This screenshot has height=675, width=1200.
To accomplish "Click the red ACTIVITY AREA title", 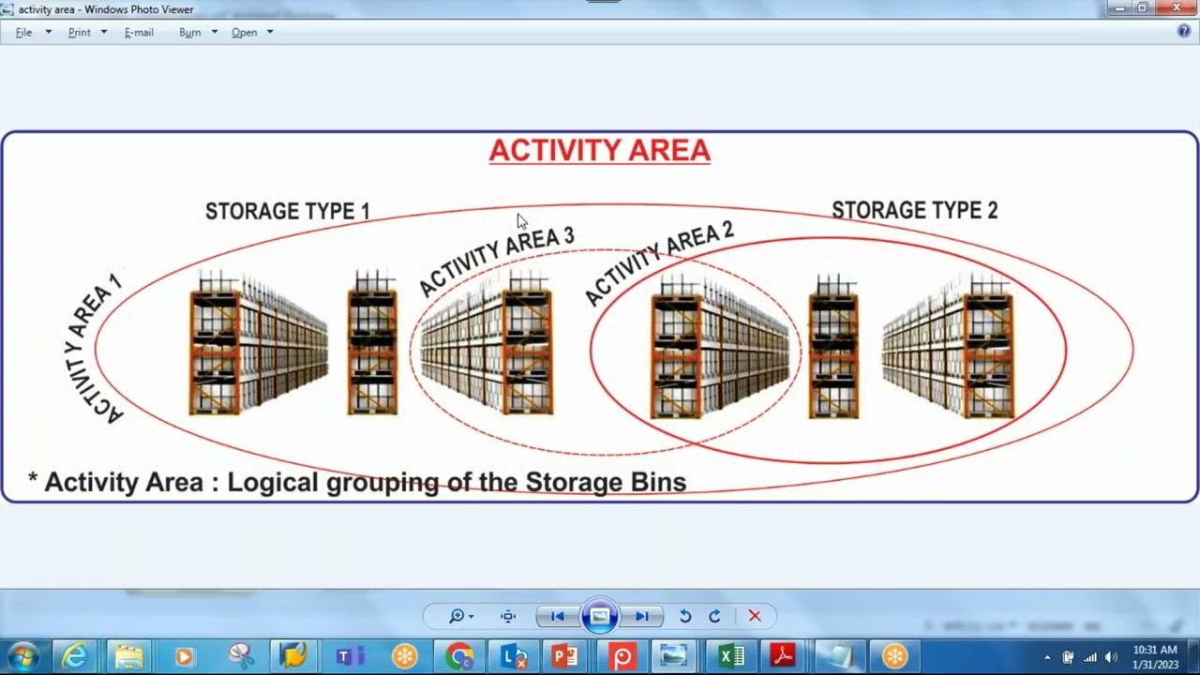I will (599, 151).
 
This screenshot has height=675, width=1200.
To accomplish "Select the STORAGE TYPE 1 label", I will (287, 212).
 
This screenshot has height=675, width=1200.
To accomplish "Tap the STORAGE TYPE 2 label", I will (914, 211).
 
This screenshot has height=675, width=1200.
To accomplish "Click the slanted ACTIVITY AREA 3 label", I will (496, 260).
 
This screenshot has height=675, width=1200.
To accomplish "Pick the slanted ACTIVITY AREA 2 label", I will (658, 262).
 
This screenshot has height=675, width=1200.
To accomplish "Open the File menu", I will (24, 32).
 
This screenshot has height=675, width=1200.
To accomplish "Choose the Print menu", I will (80, 32).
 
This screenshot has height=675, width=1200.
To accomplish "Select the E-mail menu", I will (139, 32).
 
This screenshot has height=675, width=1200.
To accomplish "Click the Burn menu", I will (190, 32).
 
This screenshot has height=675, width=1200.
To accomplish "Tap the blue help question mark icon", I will (1183, 31).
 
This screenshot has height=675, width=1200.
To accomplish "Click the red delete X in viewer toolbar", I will (755, 616).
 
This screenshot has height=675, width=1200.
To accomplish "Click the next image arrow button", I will (642, 616).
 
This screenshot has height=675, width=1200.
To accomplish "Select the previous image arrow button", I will (558, 616).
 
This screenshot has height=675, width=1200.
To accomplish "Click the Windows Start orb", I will (23, 656).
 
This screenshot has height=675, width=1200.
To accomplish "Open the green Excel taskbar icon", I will (731, 656).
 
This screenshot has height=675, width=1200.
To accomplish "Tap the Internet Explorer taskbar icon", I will (74, 656).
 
